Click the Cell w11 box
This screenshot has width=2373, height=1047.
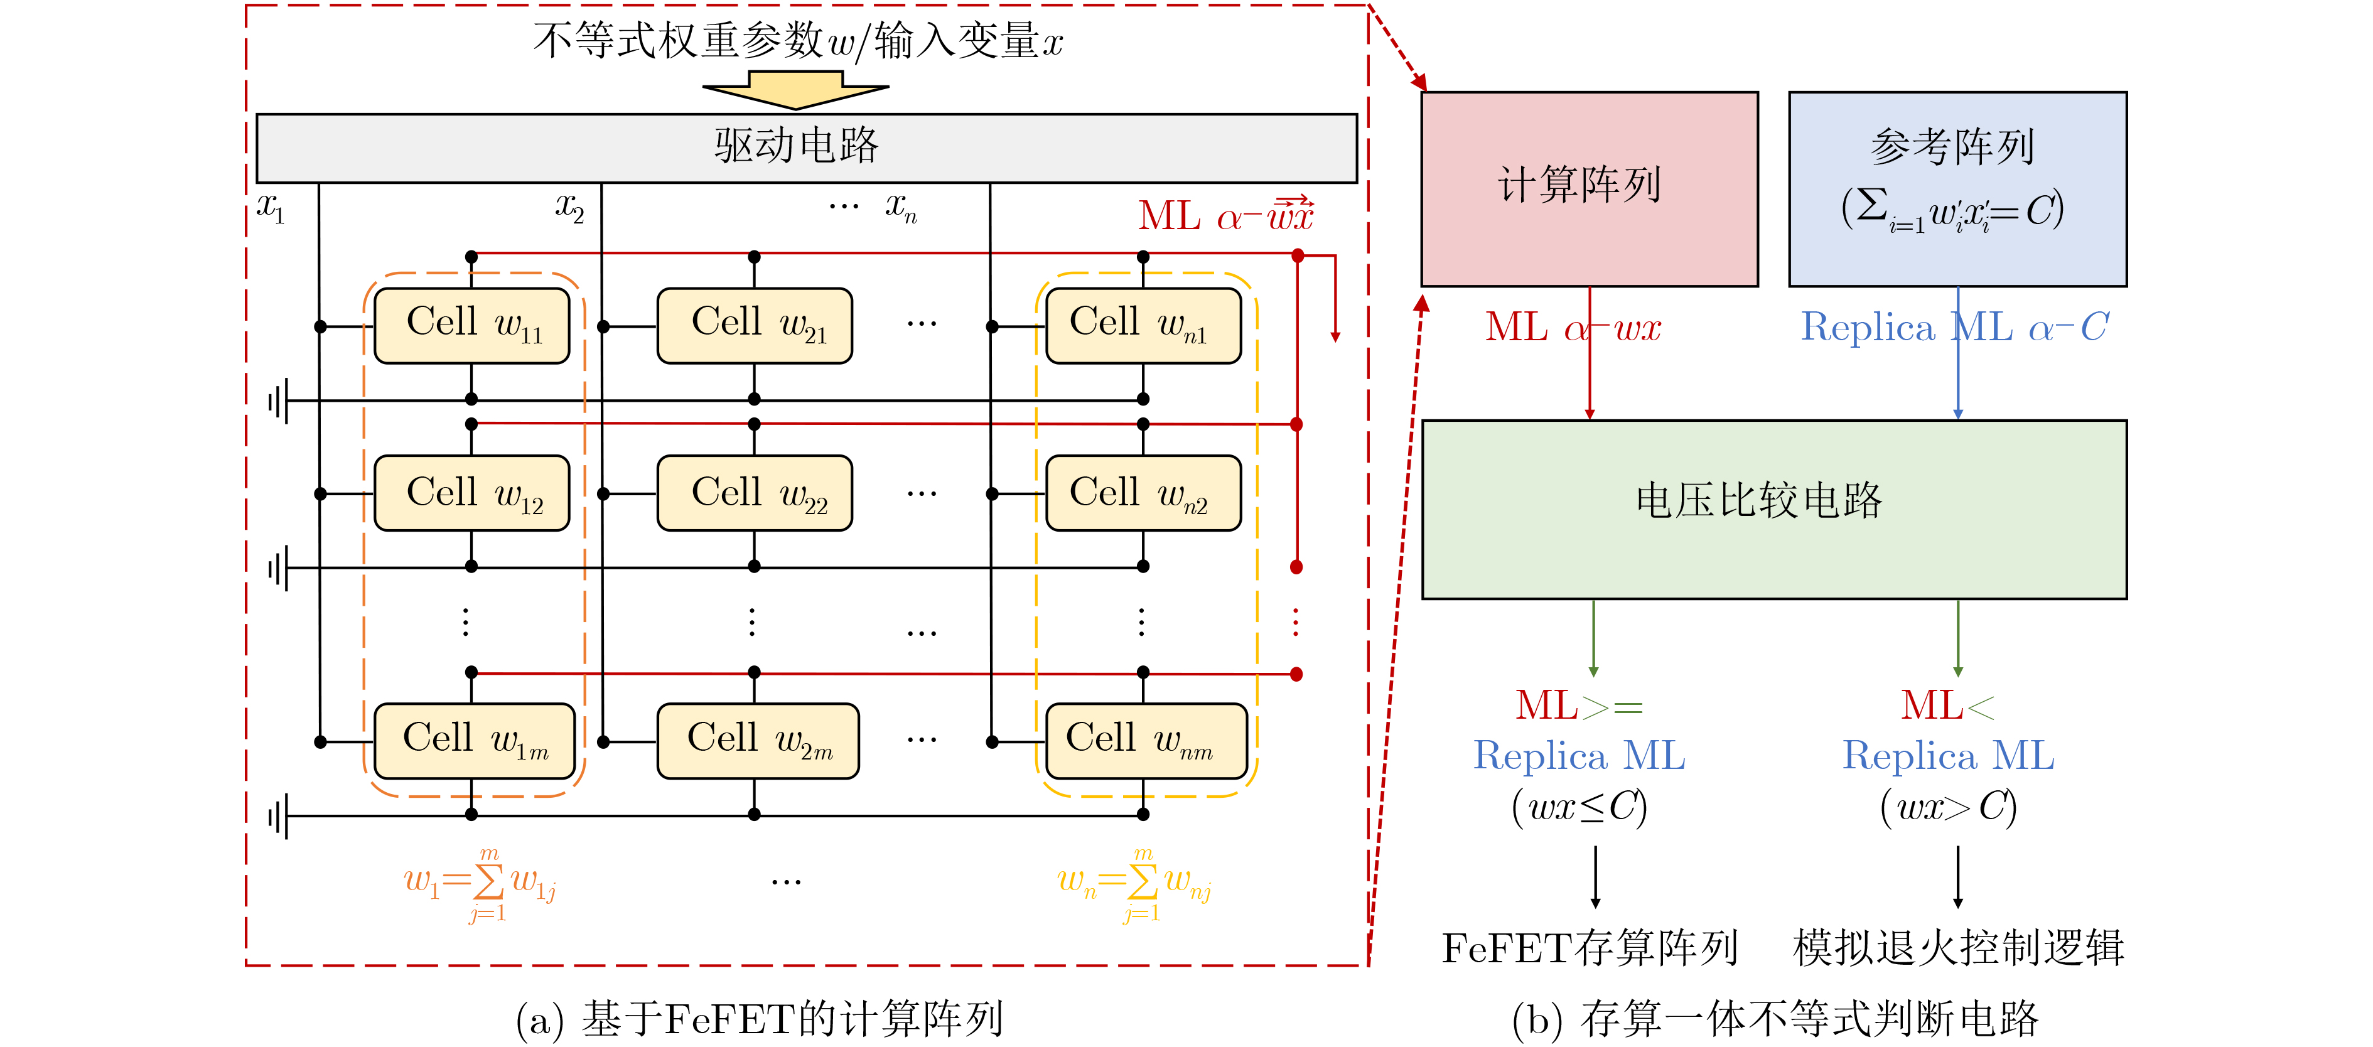coord(471,325)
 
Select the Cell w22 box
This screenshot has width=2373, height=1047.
coord(755,493)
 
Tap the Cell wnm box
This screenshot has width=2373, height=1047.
coord(1146,740)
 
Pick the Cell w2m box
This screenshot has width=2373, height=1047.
coord(757,740)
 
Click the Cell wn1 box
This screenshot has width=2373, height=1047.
coord(1143,325)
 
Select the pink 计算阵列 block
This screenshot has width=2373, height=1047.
coord(1589,189)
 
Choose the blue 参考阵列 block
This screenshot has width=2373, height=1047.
coord(1957,189)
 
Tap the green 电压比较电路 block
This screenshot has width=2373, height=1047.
coord(1773,509)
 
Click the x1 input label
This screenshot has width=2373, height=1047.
coord(271,208)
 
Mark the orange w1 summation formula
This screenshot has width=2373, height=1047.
coord(480,884)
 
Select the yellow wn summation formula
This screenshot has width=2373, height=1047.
coord(1134,884)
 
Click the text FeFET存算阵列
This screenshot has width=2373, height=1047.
coord(1589,948)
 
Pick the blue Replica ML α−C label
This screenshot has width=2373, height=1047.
coord(1953,328)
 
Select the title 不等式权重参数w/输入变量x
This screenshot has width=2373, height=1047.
coord(798,41)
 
